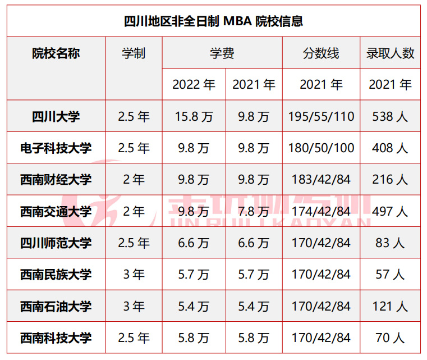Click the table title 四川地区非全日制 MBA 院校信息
pos(213,22)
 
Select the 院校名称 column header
pos(56,53)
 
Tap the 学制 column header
pos(134,53)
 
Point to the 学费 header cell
pos(222,53)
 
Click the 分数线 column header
pos(321,53)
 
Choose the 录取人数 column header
pos(391,53)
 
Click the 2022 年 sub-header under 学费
pos(194,85)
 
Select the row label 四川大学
pos(56,117)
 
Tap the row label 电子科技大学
pos(56,148)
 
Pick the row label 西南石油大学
pos(56,307)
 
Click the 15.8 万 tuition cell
pos(194,117)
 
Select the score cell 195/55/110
pos(321,117)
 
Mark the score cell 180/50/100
pos(321,148)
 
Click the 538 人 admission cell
pos(391,117)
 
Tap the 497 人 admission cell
pos(391,212)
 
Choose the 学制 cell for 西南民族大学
pos(134,275)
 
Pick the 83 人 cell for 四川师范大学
pos(391,243)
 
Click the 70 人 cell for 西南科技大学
pos(391,338)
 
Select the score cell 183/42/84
pos(321,180)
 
